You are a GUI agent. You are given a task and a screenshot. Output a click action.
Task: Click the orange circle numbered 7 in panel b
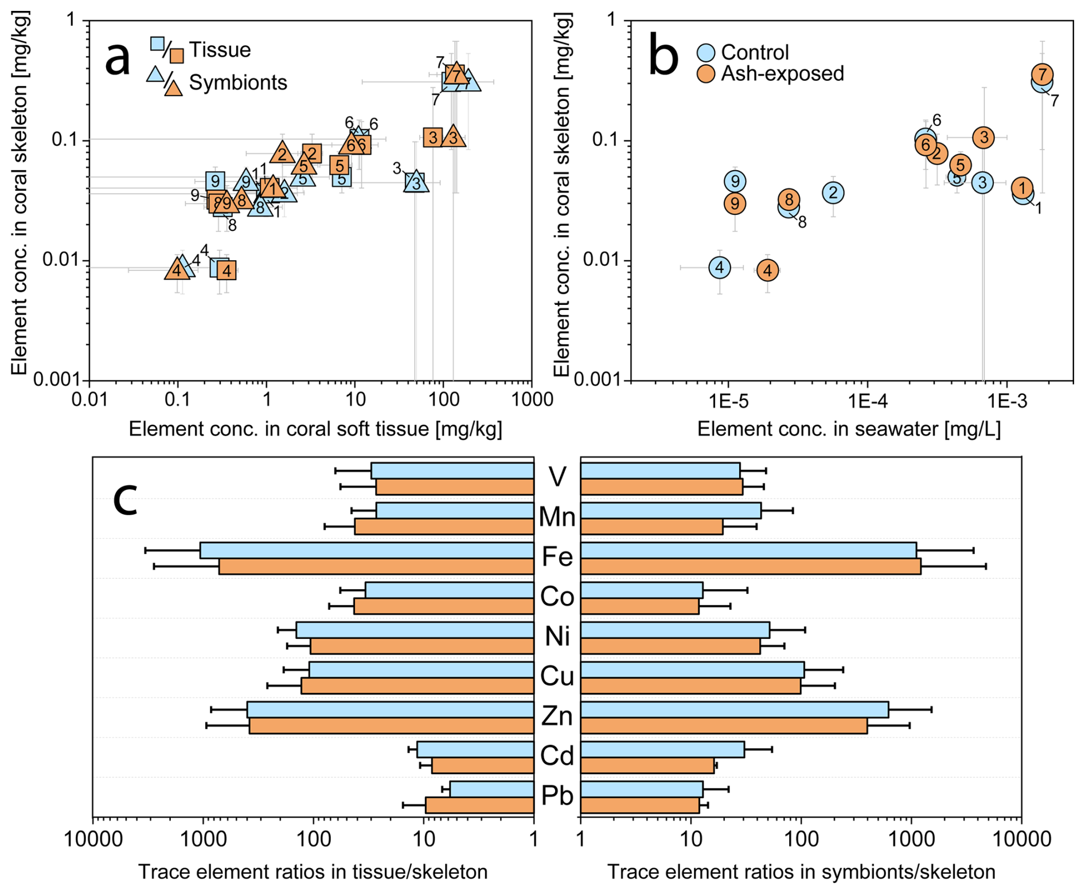click(x=1042, y=74)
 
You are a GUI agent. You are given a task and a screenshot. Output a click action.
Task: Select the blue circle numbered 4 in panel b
click(x=719, y=267)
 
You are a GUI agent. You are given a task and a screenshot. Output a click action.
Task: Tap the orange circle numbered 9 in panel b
click(x=735, y=203)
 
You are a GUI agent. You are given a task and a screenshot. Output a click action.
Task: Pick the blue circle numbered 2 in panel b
click(x=833, y=193)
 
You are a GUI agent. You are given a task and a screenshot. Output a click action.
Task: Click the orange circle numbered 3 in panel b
click(x=983, y=137)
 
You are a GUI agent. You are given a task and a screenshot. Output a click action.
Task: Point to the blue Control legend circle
click(x=706, y=53)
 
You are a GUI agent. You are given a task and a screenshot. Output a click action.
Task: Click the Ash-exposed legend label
click(x=782, y=74)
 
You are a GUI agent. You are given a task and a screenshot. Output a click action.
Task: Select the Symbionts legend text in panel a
click(x=238, y=83)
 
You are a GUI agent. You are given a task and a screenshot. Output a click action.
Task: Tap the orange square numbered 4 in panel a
click(x=227, y=270)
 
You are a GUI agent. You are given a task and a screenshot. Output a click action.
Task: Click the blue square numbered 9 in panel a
click(x=215, y=181)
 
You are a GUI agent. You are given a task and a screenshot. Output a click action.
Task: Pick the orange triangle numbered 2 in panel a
click(x=282, y=153)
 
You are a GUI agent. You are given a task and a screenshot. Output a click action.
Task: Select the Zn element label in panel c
click(x=557, y=716)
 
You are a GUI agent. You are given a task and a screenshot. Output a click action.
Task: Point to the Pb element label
click(x=557, y=796)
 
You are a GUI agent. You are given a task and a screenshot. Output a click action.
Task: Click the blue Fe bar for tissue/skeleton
click(x=367, y=550)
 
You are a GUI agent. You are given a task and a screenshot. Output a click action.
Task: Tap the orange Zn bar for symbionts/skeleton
click(x=724, y=726)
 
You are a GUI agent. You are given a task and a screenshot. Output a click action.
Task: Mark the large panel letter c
click(x=125, y=499)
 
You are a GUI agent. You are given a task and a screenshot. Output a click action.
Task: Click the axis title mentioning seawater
click(x=849, y=429)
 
